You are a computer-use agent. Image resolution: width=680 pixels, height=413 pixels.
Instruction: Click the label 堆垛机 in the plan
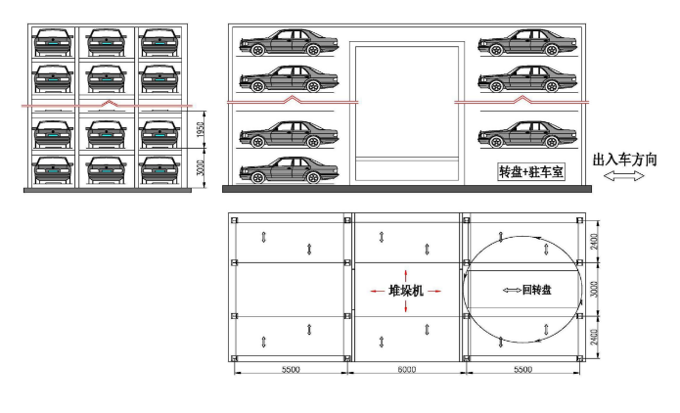[406, 291]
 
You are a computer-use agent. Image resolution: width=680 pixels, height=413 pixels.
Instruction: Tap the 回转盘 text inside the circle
[537, 290]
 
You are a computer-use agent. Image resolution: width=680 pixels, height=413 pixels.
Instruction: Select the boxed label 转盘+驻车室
[531, 172]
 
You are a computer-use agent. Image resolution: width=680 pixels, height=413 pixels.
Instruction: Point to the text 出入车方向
[624, 160]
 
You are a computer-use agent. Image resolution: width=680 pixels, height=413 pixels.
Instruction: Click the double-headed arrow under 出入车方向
[624, 176]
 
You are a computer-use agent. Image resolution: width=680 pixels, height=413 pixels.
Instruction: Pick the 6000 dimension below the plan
[406, 369]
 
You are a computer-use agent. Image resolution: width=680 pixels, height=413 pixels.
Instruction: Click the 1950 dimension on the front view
[200, 129]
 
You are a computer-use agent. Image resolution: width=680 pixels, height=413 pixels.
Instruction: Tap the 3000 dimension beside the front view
[200, 168]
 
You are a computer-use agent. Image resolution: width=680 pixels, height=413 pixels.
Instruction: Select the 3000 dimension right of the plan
[594, 290]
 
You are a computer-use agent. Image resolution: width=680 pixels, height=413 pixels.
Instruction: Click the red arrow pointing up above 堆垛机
[405, 275]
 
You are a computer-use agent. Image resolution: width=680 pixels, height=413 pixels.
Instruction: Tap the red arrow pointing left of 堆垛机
[378, 291]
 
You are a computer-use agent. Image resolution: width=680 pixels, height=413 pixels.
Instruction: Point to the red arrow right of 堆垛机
[433, 291]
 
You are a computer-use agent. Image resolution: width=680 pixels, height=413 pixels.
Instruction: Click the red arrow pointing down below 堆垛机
[405, 306]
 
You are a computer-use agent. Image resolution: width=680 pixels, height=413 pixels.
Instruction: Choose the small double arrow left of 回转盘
[512, 290]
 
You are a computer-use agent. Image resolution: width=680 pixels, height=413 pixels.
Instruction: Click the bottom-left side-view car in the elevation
[289, 170]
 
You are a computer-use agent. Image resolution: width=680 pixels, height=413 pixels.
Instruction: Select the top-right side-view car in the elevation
[527, 42]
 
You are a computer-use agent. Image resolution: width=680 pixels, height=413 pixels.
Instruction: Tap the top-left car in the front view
[53, 42]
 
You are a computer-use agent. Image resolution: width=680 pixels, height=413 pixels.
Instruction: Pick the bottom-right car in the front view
[159, 170]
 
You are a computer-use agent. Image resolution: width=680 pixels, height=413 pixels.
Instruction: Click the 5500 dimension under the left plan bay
[291, 369]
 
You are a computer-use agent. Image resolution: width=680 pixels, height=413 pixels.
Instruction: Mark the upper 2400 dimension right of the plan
[594, 242]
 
